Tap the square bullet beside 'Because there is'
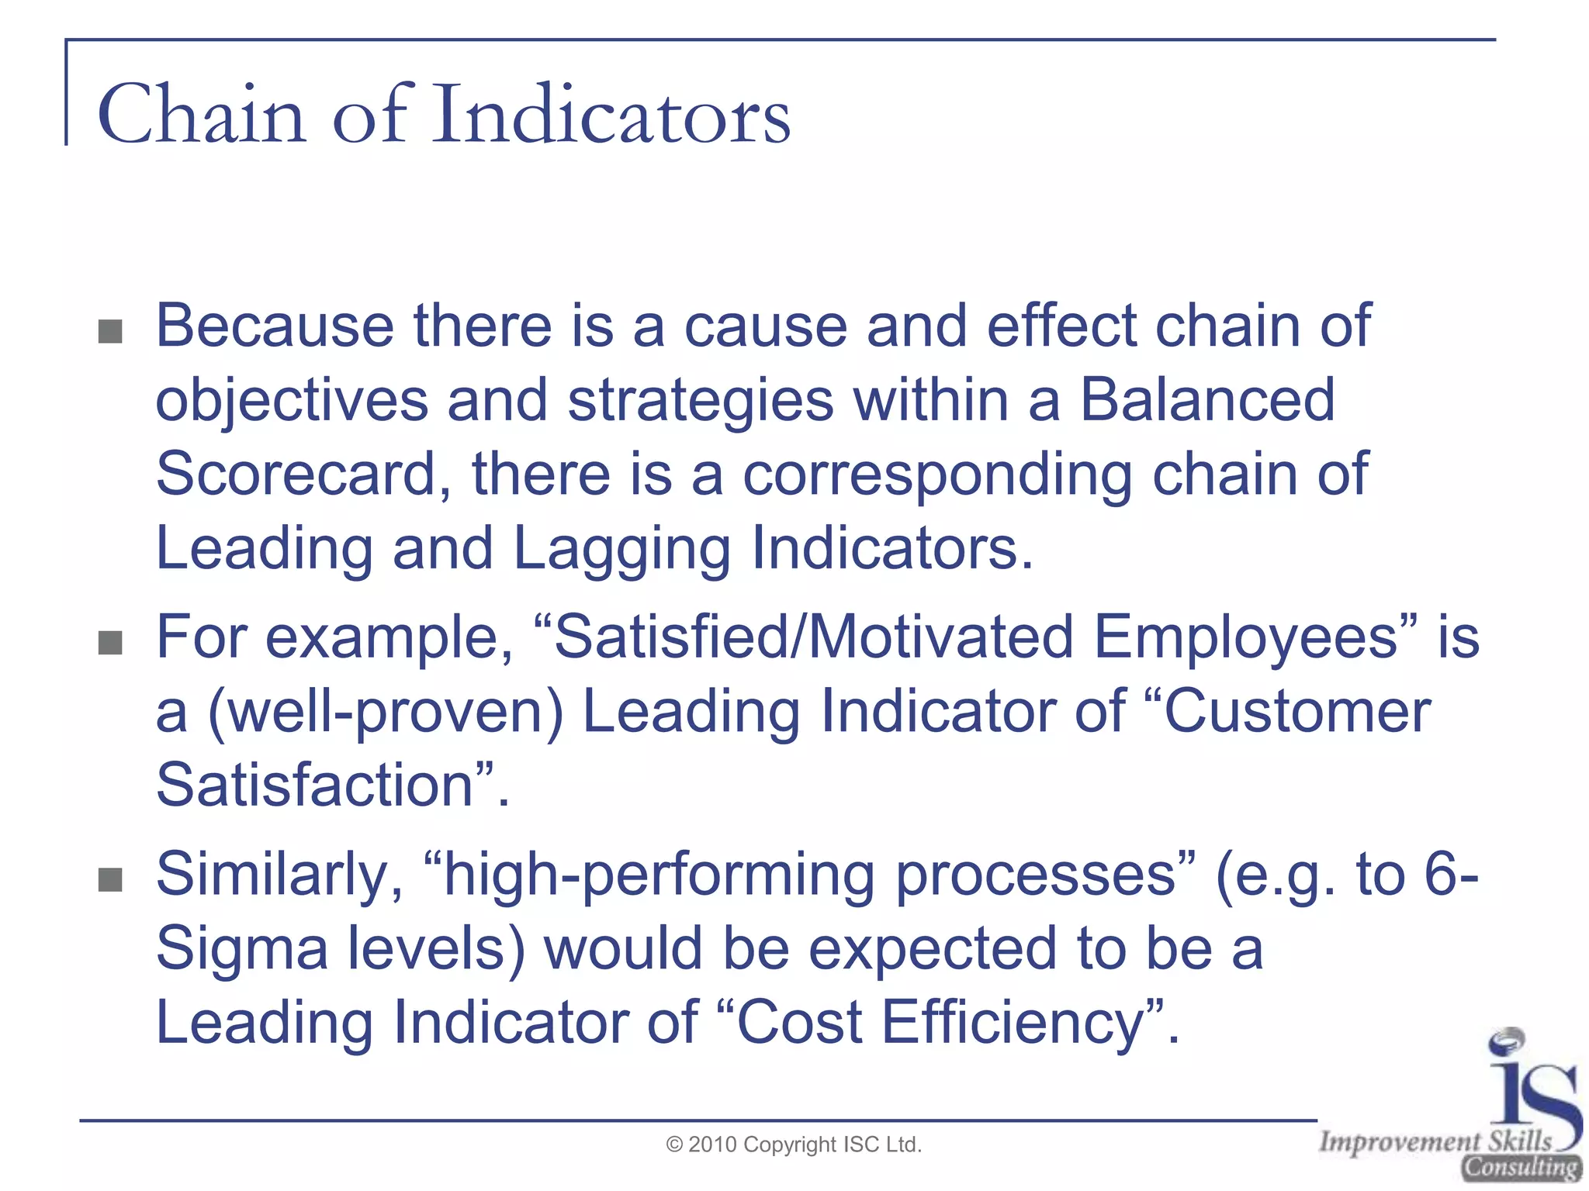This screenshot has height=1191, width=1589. click(111, 332)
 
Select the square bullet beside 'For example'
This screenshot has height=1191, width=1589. click(111, 642)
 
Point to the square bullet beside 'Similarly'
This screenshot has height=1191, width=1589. click(111, 879)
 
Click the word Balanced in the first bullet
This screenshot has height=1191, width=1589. click(1207, 400)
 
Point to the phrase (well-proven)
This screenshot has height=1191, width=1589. click(386, 711)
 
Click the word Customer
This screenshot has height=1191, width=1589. click(1298, 711)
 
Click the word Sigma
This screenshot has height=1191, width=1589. click(242, 948)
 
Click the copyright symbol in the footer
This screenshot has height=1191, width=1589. click(675, 1144)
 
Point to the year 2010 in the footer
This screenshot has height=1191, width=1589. click(712, 1144)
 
